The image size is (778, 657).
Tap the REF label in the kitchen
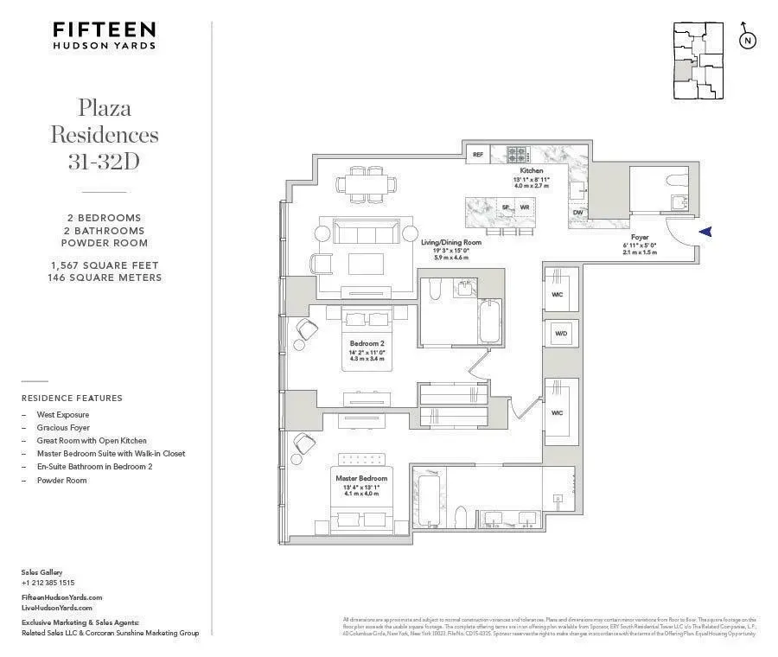(477, 156)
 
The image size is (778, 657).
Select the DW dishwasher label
(577, 213)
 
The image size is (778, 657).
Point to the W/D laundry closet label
(560, 333)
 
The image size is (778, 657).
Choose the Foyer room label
(640, 237)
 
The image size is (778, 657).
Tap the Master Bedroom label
(361, 478)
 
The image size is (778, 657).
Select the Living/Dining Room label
(451, 243)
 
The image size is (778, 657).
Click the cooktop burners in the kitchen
(517, 155)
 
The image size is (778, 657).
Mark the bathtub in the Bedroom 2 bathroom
(489, 322)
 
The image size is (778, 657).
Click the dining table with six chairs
(367, 182)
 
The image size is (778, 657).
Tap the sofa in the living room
(360, 232)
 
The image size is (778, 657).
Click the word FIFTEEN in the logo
(104, 29)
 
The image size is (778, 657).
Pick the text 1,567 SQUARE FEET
(104, 265)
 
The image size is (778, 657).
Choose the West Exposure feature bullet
(62, 415)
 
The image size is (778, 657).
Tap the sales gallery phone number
(48, 583)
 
